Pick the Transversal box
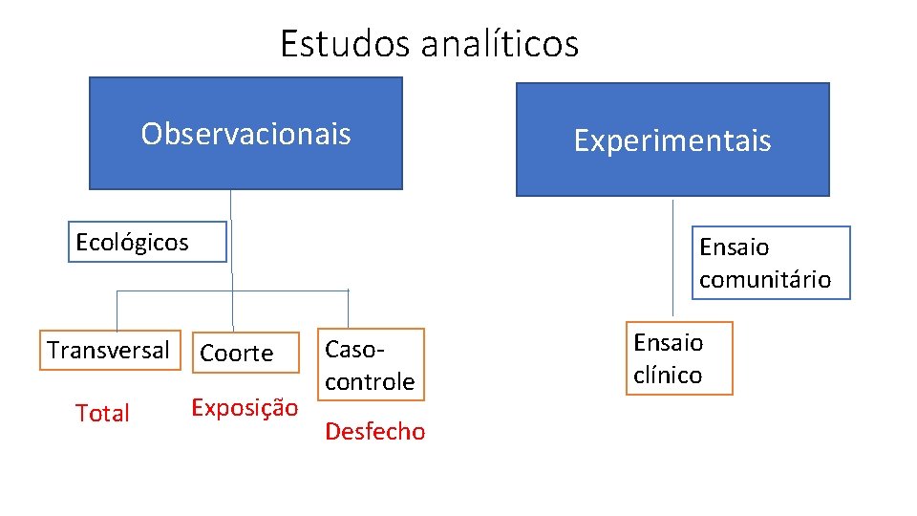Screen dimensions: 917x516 [x=108, y=351]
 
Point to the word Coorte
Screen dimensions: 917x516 [x=237, y=354]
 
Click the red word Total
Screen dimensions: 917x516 [x=102, y=414]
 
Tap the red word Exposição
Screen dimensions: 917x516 [x=245, y=408]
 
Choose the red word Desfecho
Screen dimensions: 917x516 [x=375, y=432]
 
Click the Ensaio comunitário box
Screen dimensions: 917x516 [x=770, y=263]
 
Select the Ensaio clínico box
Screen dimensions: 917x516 [x=679, y=358]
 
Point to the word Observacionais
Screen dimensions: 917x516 [x=245, y=134]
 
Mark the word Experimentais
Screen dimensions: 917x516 [x=672, y=141]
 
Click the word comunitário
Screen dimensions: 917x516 [x=765, y=280]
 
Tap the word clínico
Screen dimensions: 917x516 [x=668, y=376]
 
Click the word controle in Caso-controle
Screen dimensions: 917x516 [x=370, y=381]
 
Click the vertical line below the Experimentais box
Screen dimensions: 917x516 [x=673, y=258]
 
